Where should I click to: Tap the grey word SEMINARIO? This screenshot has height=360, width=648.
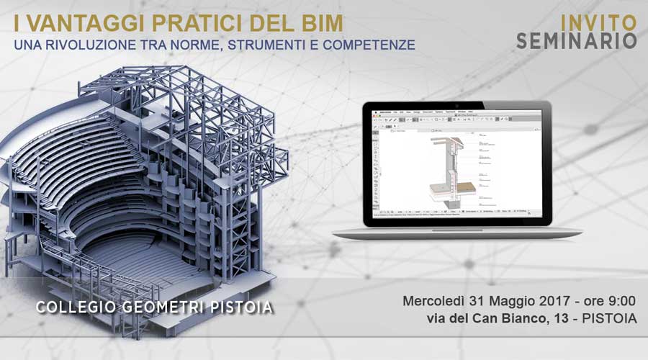pyautogui.click(x=577, y=41)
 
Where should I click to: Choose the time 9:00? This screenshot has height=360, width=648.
pyautogui.click(x=620, y=300)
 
